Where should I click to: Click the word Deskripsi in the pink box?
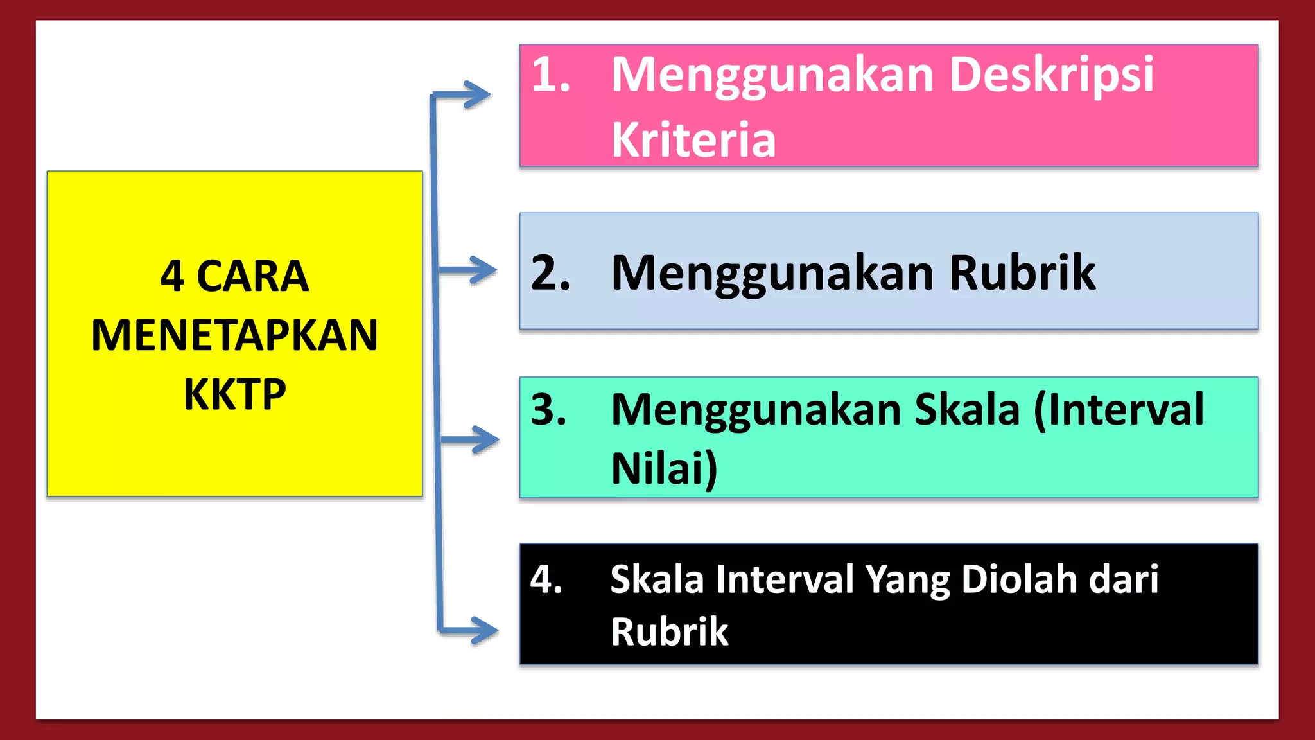pos(1051,76)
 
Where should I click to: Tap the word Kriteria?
pos(693,140)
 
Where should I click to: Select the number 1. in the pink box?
pos(551,76)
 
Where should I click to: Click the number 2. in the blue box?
pos(551,274)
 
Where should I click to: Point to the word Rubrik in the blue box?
pos(1022,274)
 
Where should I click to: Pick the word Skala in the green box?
pos(967,410)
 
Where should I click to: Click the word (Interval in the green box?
pos(1119,410)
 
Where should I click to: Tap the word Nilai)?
pos(664,469)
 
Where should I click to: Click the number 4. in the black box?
pos(546,579)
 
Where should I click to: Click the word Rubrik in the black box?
pos(669,632)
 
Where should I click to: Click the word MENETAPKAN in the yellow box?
pos(235,335)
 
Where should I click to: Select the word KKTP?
pos(235,394)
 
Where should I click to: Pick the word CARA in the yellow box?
pos(252,277)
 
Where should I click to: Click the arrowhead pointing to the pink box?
pos(478,95)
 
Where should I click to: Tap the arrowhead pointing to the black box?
pos(485,630)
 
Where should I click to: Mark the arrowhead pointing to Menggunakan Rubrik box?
pos(483,270)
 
